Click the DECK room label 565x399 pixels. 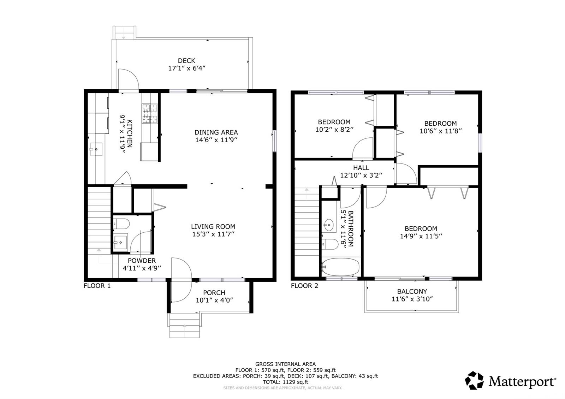pos(186,61)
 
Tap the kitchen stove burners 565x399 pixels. pos(150,113)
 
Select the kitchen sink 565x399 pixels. pos(96,149)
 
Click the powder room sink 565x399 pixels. pos(120,242)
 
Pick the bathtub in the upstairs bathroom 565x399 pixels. pos(340,267)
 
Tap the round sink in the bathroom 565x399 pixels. pos(329,225)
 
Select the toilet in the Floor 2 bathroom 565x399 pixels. pos(330,244)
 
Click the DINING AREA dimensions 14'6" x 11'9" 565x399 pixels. pos(216,140)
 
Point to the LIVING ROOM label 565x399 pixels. pos(213,226)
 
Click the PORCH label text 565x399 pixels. pos(214,293)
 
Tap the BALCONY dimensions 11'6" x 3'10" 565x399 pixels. pos(412,299)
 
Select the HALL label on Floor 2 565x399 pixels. pos(361,168)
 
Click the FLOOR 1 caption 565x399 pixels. pos(97,286)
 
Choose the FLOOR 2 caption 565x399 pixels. pos(304,286)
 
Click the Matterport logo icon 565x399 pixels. pos(475,380)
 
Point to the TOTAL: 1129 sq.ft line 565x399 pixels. pos(286,382)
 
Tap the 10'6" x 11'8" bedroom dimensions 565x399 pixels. pos(441,131)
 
